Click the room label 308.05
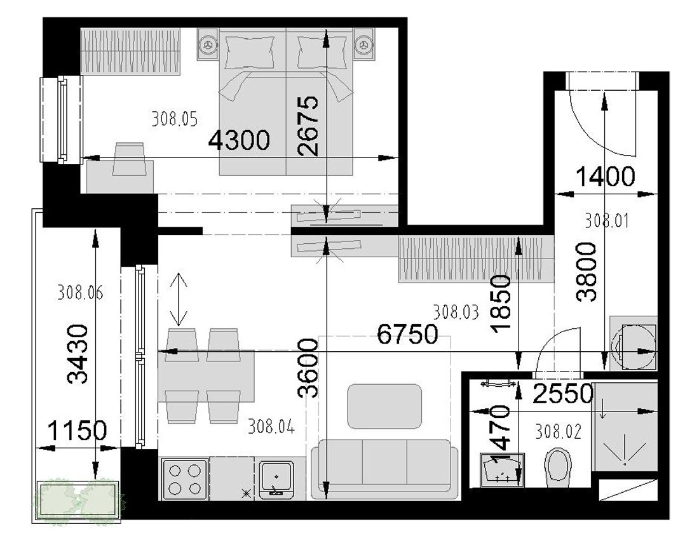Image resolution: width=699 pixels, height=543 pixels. [x=174, y=119]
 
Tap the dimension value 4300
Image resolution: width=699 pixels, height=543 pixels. [x=240, y=140]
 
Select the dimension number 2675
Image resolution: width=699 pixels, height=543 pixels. [x=308, y=126]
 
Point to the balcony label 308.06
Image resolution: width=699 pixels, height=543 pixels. [x=80, y=293]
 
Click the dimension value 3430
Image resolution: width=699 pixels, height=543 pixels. [x=78, y=354]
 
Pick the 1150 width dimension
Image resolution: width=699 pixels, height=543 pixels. [x=77, y=431]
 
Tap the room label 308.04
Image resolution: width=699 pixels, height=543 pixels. [x=271, y=427]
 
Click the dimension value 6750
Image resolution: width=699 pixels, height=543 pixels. [x=407, y=334]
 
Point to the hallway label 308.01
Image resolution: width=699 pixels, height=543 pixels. [x=607, y=220]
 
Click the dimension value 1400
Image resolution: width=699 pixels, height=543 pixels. [x=606, y=177]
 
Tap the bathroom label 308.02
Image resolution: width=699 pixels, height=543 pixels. [x=559, y=431]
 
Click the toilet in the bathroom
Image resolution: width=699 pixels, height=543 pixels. [x=558, y=470]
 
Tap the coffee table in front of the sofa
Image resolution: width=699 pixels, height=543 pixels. [x=384, y=406]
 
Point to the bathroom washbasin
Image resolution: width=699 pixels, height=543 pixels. [x=503, y=471]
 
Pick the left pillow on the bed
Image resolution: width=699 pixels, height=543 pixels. [x=249, y=52]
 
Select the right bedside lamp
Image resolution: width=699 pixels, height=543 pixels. [x=363, y=44]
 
